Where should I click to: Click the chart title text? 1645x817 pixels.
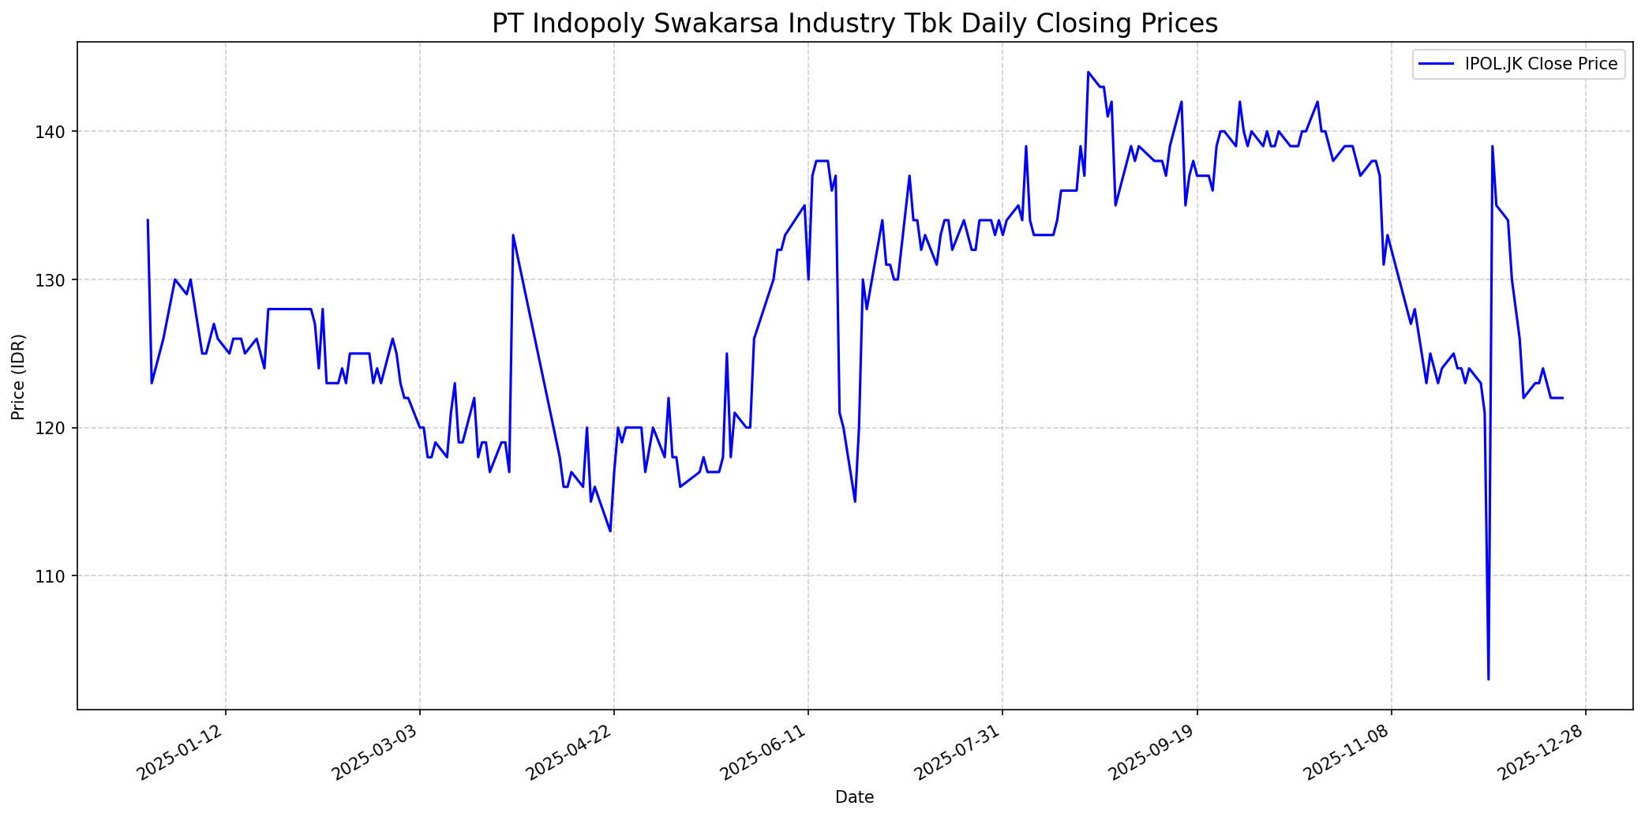point(854,24)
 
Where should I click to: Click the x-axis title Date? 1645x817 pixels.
point(854,798)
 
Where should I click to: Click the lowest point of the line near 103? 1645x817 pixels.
point(1488,679)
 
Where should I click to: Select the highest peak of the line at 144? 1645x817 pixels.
point(1088,72)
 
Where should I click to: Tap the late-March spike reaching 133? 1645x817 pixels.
point(513,235)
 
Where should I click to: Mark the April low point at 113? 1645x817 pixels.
point(610,531)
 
